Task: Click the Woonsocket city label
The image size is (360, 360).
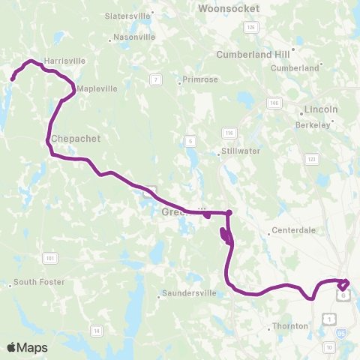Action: [229, 8]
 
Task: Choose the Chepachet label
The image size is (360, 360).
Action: [76, 139]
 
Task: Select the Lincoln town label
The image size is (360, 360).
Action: [321, 109]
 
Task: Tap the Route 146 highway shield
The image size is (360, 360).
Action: [274, 103]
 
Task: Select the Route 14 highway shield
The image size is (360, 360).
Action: [95, 331]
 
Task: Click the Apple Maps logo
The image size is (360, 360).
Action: [27, 347]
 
